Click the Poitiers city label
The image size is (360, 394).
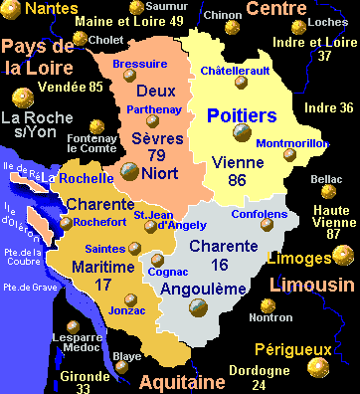[242, 116]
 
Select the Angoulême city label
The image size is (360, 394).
[204, 288]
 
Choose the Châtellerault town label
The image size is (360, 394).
[235, 72]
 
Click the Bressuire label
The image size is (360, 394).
[139, 63]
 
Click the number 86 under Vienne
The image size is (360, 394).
[237, 180]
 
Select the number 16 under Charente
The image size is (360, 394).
[220, 265]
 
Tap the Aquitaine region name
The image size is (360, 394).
[181, 382]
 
